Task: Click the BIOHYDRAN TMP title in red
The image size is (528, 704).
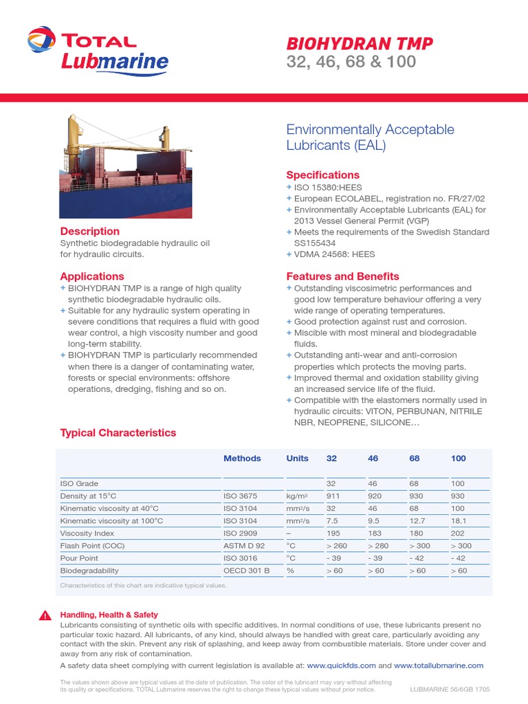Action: (360, 44)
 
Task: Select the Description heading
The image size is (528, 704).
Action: (90, 232)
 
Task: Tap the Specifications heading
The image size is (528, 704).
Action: (322, 175)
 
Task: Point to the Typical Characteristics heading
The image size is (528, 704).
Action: (118, 433)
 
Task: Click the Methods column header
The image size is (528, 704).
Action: (242, 459)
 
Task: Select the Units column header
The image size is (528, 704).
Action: (298, 459)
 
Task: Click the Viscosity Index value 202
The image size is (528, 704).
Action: (459, 533)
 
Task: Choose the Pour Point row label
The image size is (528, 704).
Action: (79, 558)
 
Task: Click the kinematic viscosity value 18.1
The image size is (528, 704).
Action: (459, 521)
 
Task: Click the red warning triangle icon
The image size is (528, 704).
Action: (45, 615)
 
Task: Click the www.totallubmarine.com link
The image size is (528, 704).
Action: (439, 665)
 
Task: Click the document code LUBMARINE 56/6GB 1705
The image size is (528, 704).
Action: (450, 689)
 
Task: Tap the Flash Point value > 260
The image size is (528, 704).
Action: (338, 546)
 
